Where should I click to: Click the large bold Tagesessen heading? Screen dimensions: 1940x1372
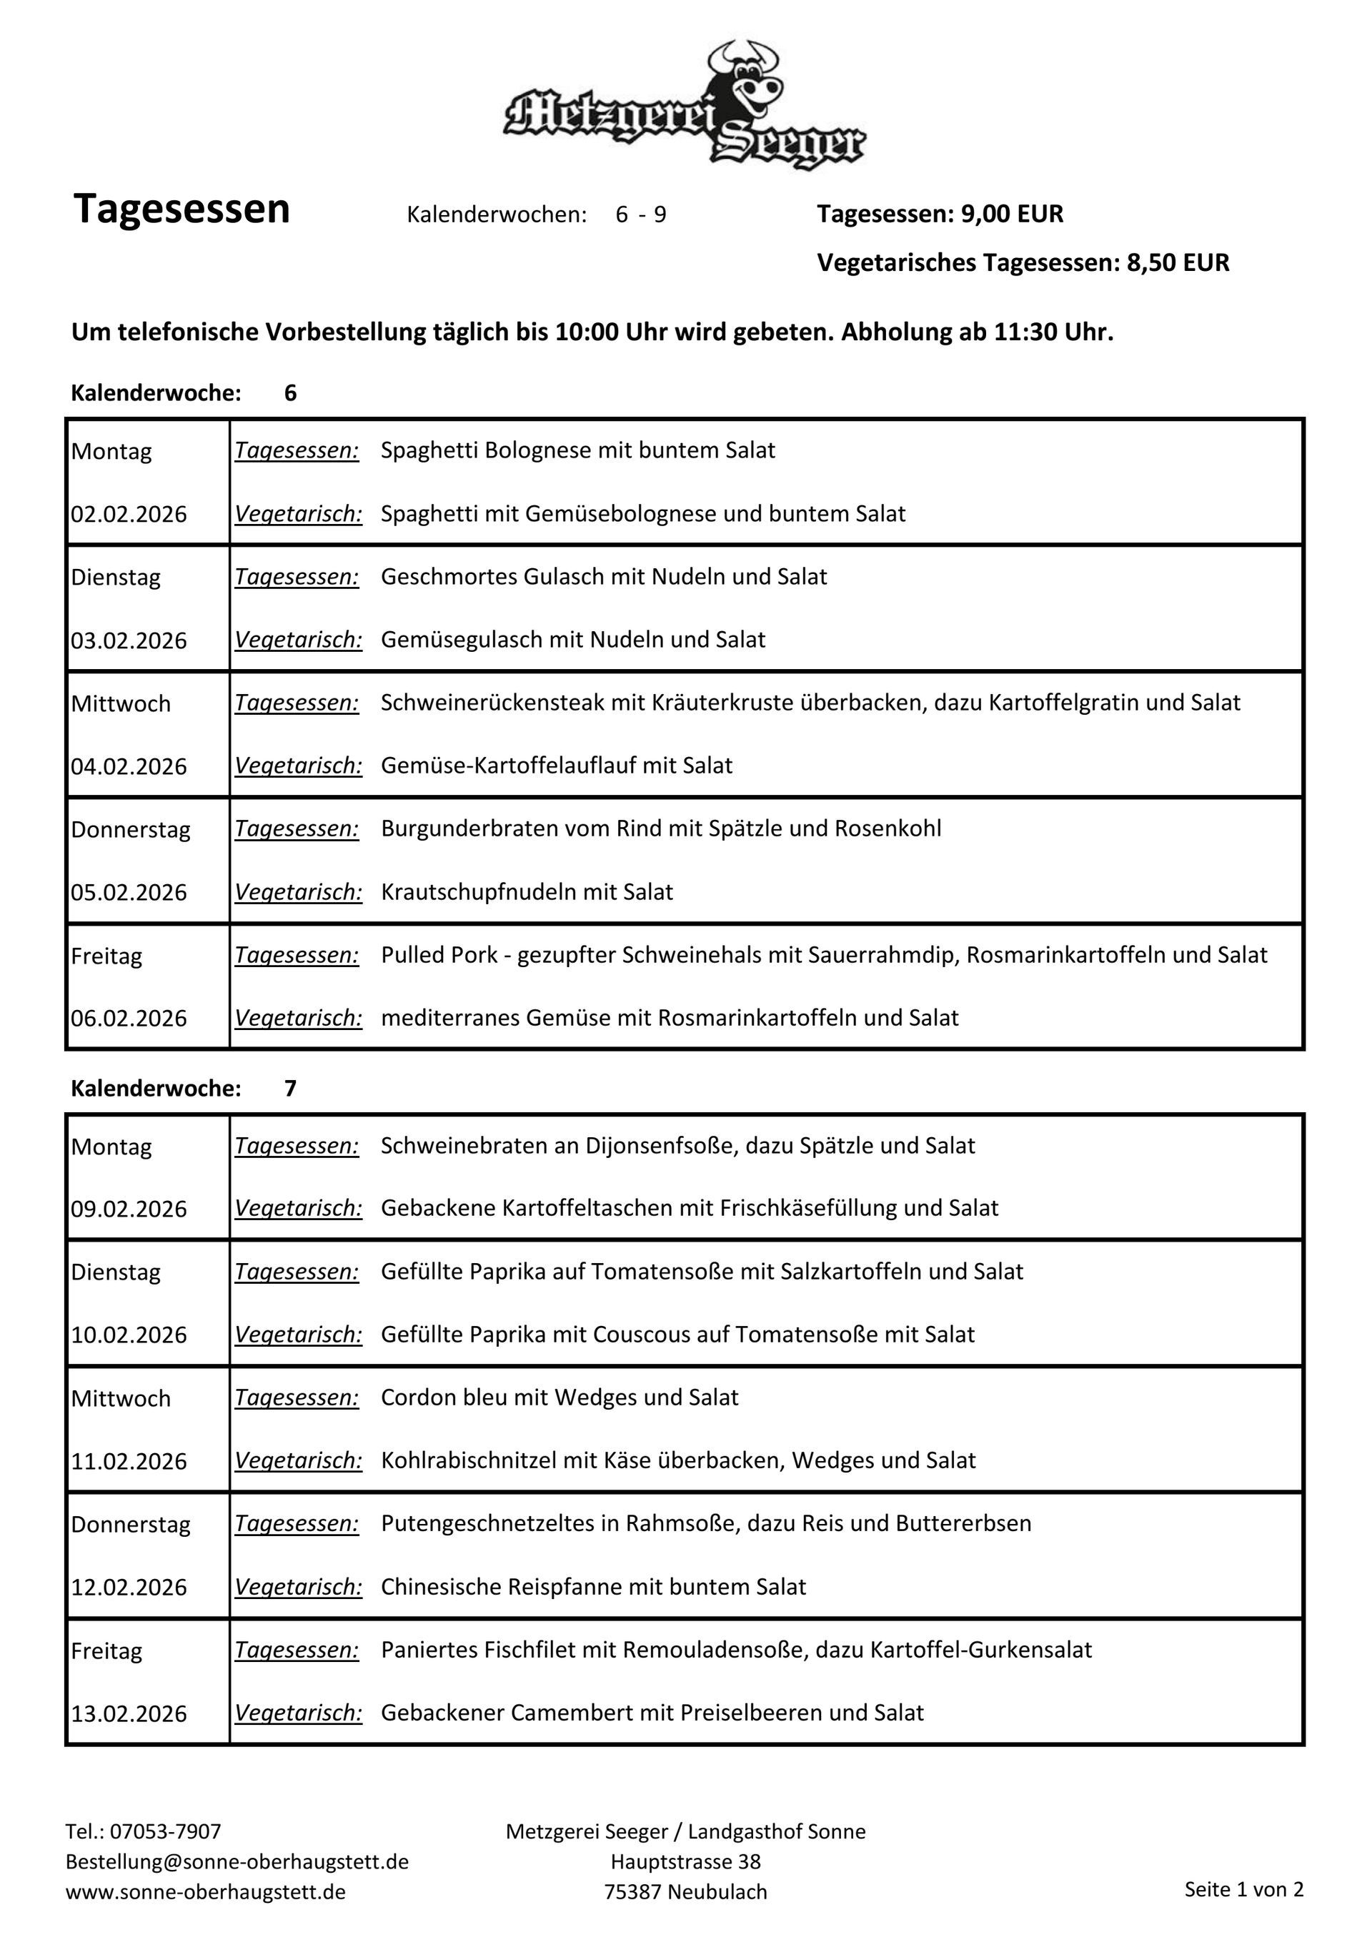point(182,209)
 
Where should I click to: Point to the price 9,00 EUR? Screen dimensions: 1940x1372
point(1012,214)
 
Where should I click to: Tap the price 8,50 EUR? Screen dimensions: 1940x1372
point(1178,263)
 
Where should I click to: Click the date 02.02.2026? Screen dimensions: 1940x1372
point(129,515)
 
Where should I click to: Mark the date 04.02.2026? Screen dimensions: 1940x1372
point(129,766)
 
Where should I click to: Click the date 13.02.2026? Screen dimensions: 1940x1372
point(129,1713)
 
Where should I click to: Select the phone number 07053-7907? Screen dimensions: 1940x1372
point(166,1832)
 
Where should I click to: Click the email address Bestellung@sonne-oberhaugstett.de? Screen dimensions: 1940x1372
point(237,1862)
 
